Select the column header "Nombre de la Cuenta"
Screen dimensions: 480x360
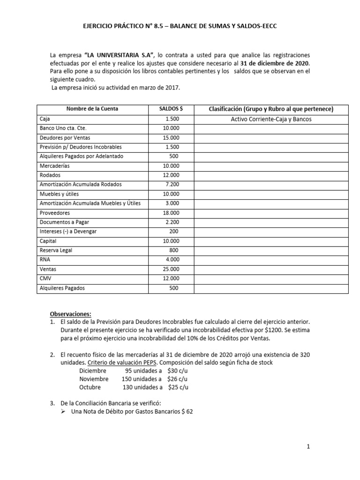92,109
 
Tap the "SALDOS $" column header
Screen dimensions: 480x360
171,109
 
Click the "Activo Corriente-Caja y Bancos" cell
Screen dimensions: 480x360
271,119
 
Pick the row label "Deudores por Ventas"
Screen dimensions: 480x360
65,138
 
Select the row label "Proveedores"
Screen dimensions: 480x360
55,213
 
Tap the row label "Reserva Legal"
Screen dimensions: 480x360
56,250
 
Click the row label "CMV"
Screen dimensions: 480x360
45,278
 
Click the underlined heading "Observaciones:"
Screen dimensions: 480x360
71,314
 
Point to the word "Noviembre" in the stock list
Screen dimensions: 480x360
94,379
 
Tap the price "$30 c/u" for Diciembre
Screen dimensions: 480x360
179,370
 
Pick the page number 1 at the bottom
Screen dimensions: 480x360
308,447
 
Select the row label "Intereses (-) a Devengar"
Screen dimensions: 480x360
68,232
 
